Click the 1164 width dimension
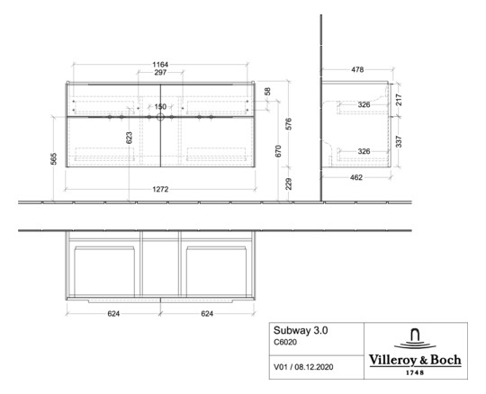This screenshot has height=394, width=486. (x=160, y=65)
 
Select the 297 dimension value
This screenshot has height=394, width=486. (x=160, y=74)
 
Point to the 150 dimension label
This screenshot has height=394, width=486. (x=160, y=107)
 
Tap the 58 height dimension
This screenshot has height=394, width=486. (x=266, y=92)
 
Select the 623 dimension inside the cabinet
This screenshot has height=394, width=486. (x=130, y=138)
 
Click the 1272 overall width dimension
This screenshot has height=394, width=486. (x=160, y=190)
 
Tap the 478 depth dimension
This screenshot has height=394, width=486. (x=356, y=70)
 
